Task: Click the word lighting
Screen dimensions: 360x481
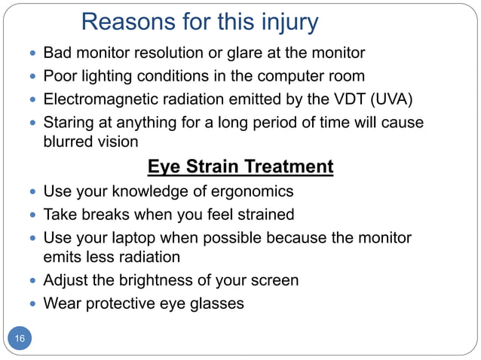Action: click(105, 76)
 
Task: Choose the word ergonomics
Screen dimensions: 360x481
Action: click(251, 191)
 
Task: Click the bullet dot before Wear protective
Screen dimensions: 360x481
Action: click(30, 304)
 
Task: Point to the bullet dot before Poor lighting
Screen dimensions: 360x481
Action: click(30, 76)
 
